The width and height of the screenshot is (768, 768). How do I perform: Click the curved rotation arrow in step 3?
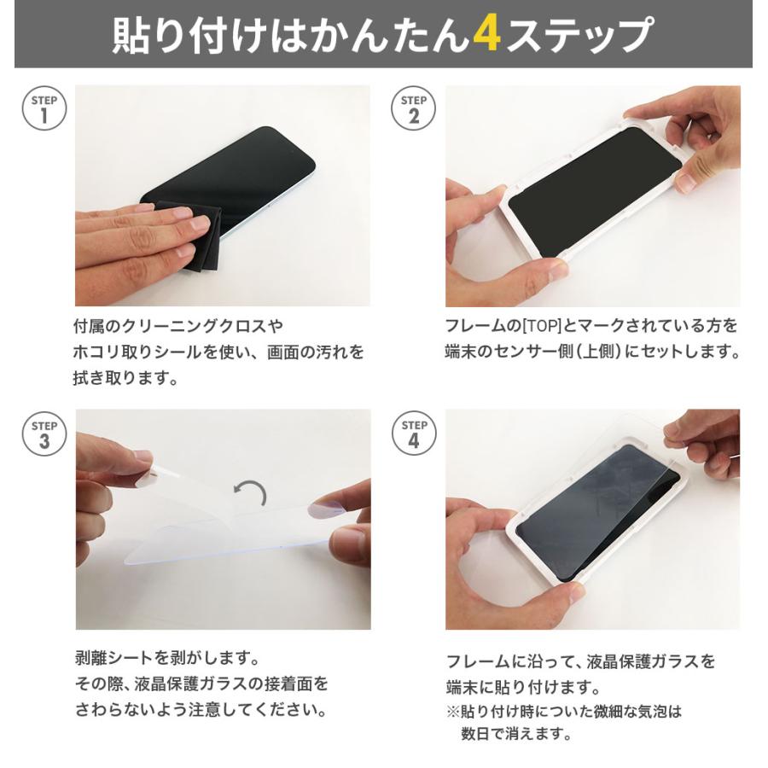(251, 492)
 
